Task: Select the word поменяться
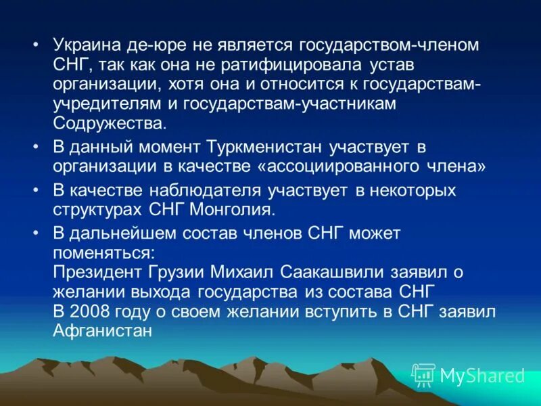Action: [104, 253]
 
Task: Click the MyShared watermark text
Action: [481, 374]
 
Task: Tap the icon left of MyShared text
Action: [423, 374]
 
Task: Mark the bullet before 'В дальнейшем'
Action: [36, 234]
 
